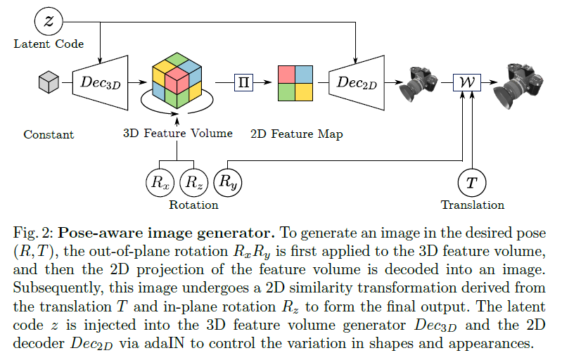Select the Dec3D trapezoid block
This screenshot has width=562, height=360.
[101, 83]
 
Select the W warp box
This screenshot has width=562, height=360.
[466, 83]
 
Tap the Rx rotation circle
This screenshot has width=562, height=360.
[160, 181]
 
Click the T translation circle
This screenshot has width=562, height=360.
[472, 182]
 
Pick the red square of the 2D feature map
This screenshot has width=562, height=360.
[286, 74]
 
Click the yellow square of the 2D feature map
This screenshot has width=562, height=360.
[303, 92]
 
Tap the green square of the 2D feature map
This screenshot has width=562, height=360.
[286, 92]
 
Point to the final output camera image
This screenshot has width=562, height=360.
[523, 83]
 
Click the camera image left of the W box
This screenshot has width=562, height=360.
[419, 83]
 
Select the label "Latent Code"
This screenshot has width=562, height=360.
[49, 44]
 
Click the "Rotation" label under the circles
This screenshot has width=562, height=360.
[193, 205]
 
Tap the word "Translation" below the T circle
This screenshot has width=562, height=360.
[472, 205]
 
